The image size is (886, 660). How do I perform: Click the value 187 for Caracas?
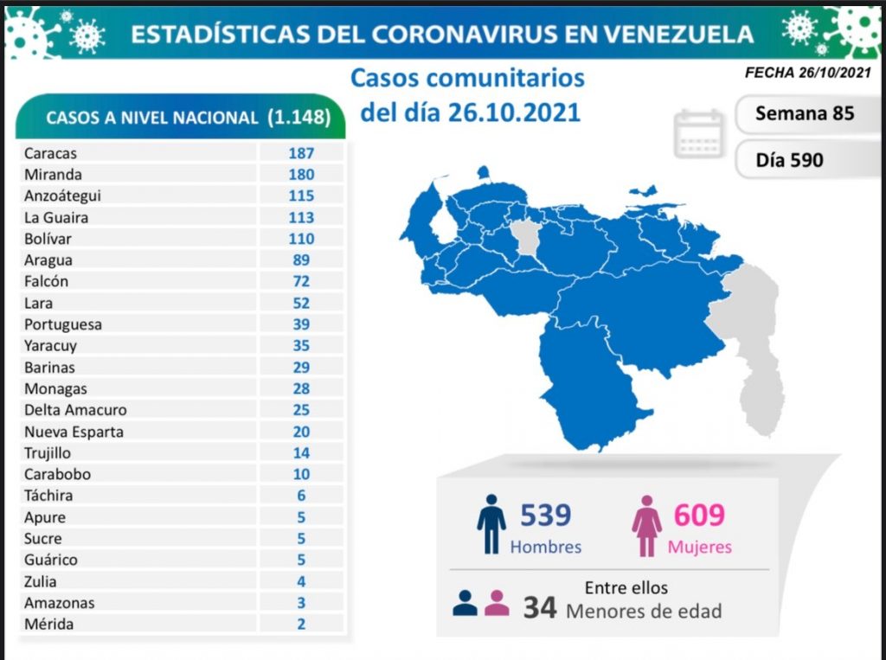(301, 153)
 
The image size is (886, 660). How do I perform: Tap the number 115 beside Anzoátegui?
(301, 196)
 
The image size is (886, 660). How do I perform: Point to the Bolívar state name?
(48, 239)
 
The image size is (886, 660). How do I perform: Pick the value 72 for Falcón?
(301, 281)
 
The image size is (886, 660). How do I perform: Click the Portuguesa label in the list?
(63, 324)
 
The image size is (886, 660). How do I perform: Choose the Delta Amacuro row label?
(76, 410)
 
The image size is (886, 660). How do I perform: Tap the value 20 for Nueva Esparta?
(301, 432)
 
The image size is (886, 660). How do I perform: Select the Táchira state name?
(48, 496)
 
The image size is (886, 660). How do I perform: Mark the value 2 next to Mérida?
(301, 624)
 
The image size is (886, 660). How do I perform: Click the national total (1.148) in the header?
(299, 118)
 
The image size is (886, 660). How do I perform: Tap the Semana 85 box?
(804, 113)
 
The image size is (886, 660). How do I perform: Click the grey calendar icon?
(698, 133)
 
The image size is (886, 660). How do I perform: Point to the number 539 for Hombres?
(545, 516)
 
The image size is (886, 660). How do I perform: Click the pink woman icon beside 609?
(646, 524)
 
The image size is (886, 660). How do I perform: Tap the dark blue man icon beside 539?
(491, 524)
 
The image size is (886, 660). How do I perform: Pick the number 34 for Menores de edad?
(539, 607)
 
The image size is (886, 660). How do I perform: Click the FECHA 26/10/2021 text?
(807, 74)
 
